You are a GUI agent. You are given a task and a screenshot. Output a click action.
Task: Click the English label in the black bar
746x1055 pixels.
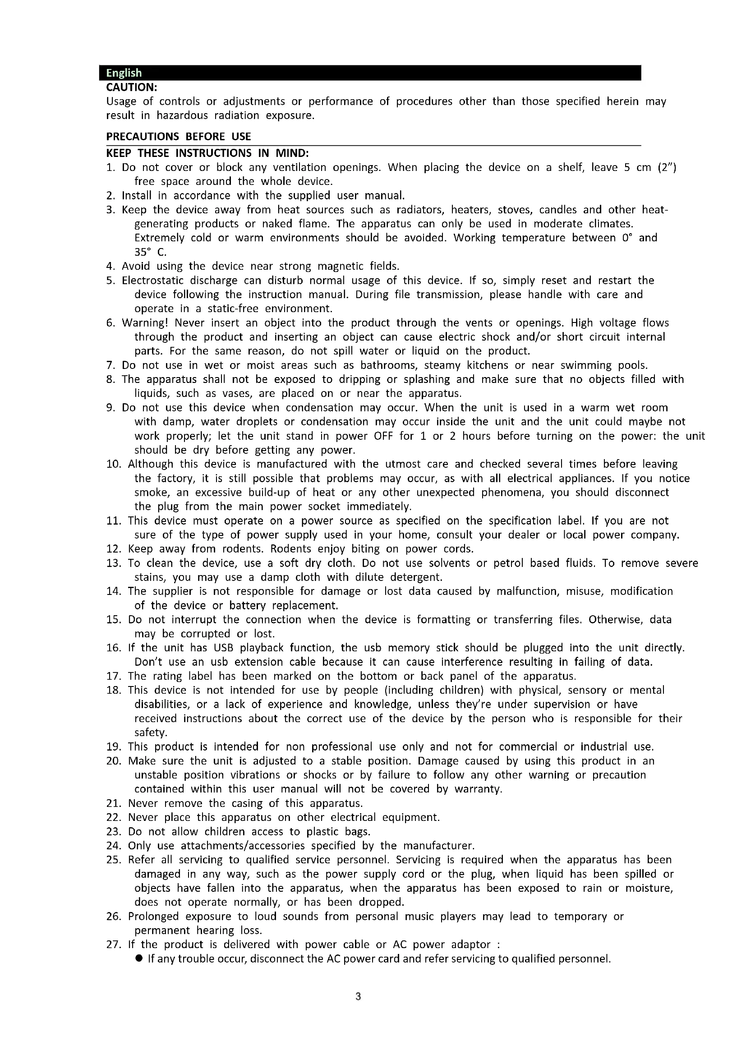pyautogui.click(x=124, y=73)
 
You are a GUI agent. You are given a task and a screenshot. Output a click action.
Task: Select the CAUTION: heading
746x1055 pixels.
pyautogui.click(x=131, y=87)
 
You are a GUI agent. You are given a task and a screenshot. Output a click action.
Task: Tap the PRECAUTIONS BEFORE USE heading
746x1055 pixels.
pyautogui.click(x=178, y=137)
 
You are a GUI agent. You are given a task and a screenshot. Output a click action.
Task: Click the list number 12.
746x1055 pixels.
pyautogui.click(x=114, y=548)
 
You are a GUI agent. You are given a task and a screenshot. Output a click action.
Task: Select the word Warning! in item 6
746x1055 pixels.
pyautogui.click(x=145, y=322)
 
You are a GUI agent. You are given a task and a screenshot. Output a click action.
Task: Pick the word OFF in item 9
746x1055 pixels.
pyautogui.click(x=383, y=436)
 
